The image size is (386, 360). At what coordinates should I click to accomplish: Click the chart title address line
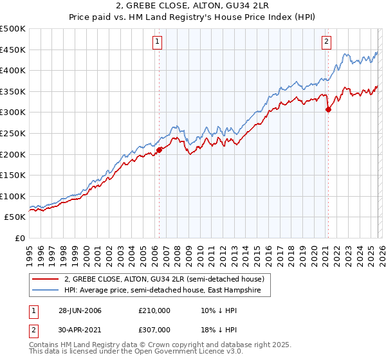point(193,6)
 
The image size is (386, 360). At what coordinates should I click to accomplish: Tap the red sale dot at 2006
point(159,150)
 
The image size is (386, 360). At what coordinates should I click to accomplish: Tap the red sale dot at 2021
point(328,109)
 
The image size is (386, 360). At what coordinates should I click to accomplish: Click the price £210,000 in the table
point(154,310)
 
